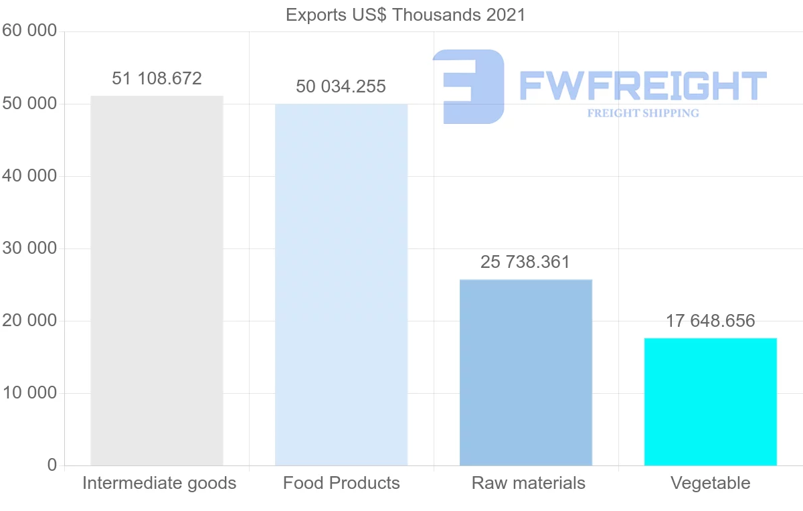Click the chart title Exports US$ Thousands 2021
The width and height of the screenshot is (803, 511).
405,15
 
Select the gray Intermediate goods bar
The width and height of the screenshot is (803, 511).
157,281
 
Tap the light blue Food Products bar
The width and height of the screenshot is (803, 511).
341,285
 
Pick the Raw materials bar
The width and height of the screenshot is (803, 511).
526,372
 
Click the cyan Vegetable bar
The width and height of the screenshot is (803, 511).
710,402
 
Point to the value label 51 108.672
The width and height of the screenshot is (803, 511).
157,79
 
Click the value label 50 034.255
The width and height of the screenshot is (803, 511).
341,87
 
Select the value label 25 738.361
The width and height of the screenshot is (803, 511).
525,263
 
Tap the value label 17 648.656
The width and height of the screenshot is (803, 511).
710,321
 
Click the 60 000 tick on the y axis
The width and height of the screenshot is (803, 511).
29,31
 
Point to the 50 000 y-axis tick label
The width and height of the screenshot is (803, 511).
29,104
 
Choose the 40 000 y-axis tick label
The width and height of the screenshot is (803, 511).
29,176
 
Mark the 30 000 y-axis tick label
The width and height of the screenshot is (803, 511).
29,248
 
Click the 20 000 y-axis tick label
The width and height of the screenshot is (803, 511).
29,321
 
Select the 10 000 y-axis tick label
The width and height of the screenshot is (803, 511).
29,393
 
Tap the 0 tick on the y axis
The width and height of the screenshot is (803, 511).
52,465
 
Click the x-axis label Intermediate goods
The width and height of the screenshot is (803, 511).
159,484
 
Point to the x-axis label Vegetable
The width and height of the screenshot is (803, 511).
710,484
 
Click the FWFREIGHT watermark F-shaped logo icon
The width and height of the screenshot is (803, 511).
468,86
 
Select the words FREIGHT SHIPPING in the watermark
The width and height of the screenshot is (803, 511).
643,113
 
